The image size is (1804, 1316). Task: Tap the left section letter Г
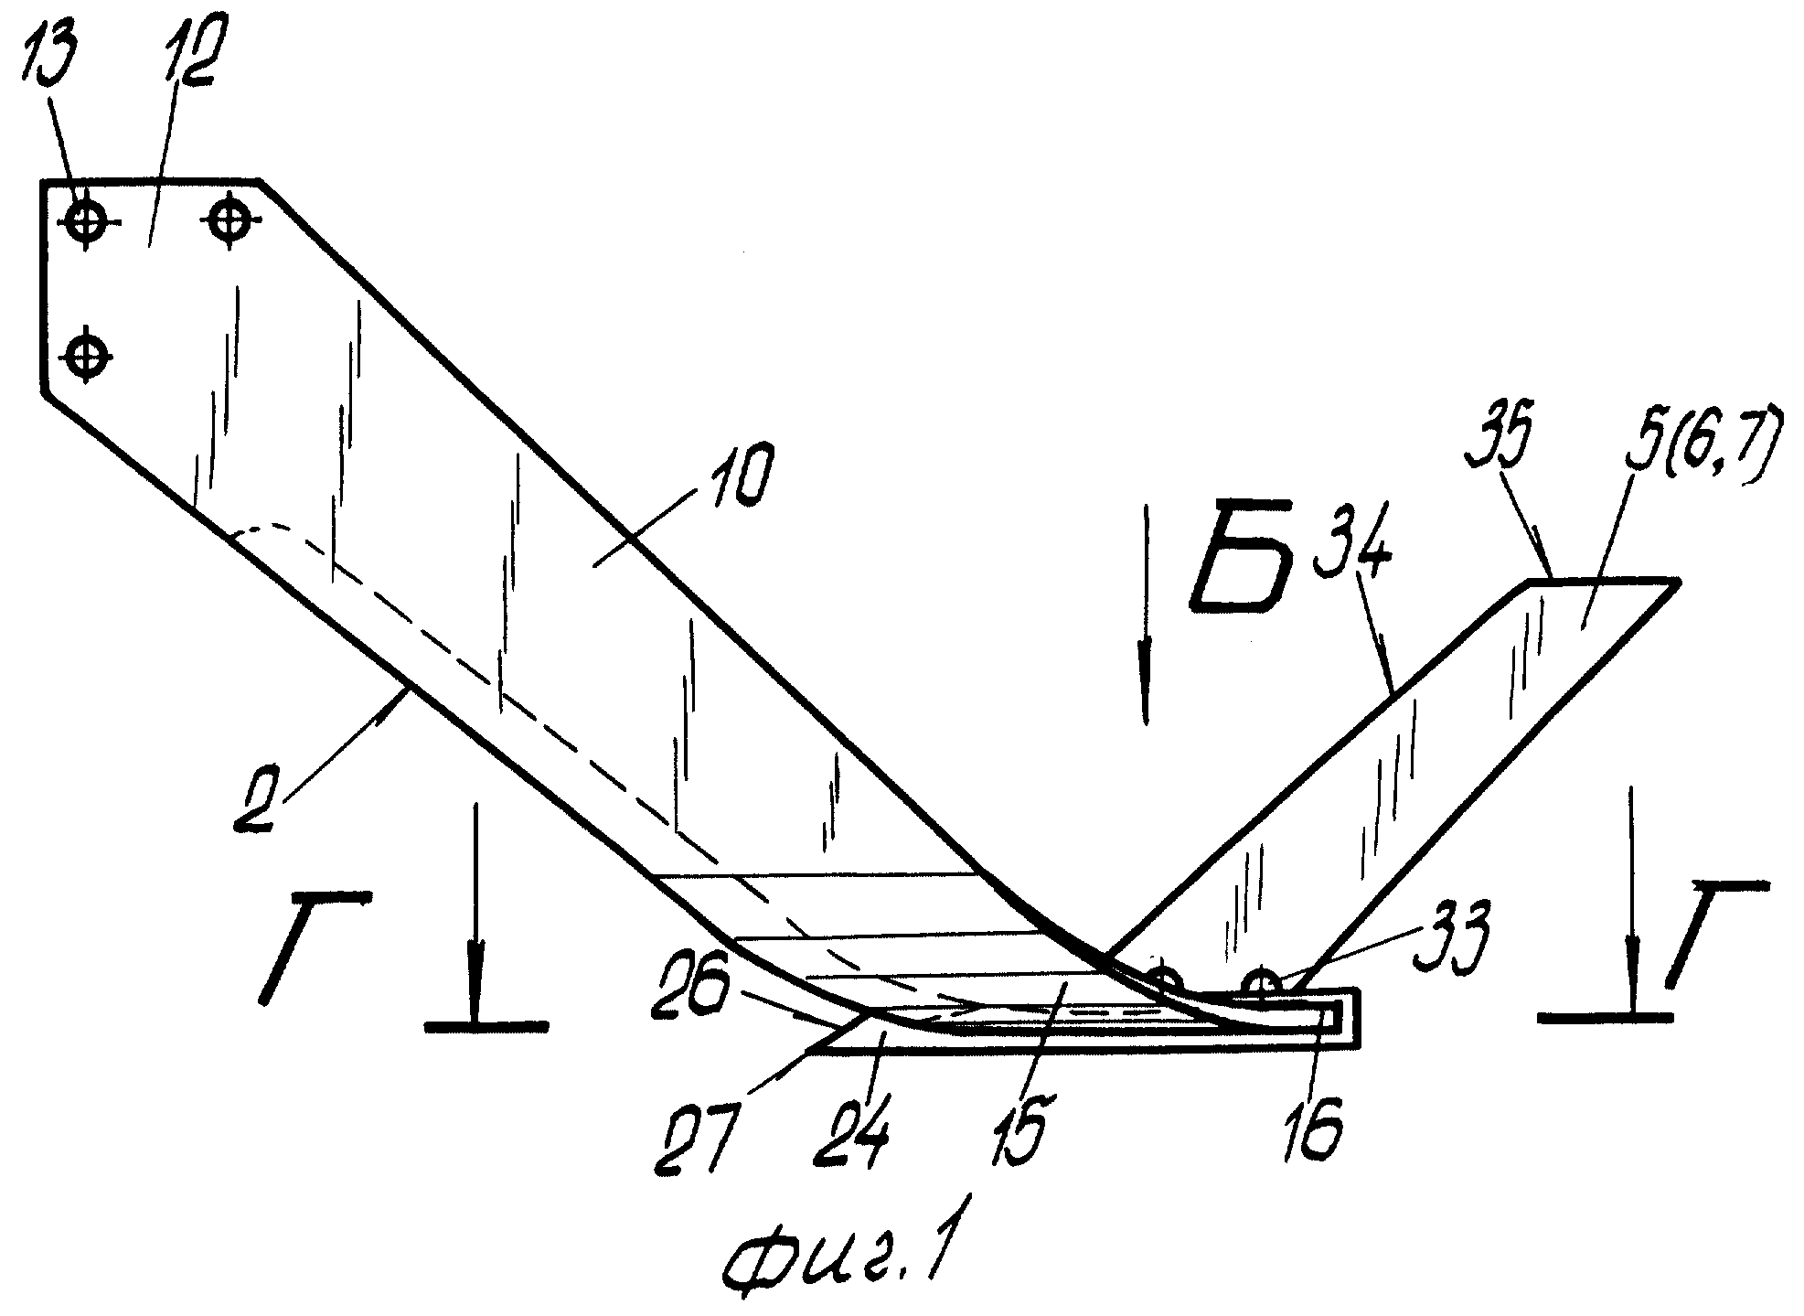coord(315,944)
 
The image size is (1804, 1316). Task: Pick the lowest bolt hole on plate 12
coord(85,352)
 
